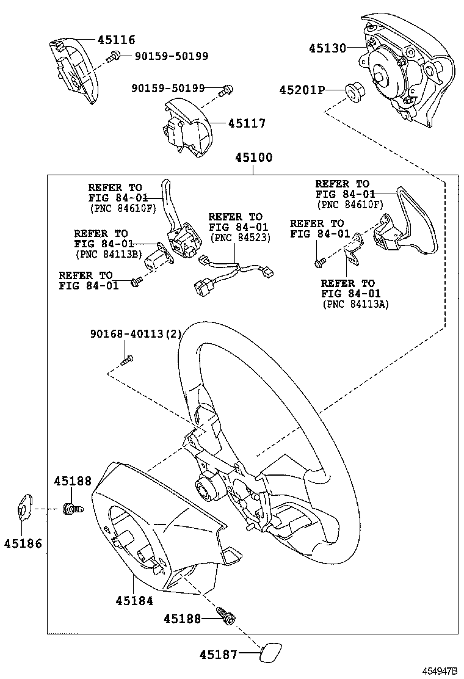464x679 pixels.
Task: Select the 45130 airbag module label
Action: [327, 48]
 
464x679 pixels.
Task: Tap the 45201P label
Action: [302, 90]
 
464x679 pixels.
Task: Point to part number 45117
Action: [247, 123]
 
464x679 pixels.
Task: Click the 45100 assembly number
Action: [254, 158]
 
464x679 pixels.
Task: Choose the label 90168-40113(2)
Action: [136, 334]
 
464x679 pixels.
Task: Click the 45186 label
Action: [23, 543]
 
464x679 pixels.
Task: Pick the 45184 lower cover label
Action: [134, 600]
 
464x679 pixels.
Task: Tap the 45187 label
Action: [218, 655]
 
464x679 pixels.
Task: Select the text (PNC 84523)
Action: [239, 237]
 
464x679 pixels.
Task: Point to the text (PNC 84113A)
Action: [355, 303]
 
